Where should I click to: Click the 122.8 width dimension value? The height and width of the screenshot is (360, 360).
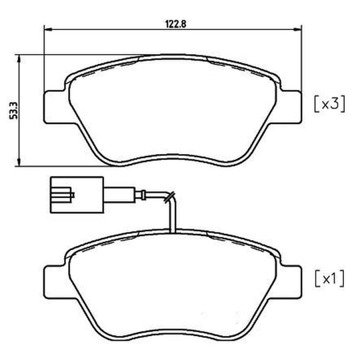pos(175,24)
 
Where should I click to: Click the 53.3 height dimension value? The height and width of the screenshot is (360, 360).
pos(13,111)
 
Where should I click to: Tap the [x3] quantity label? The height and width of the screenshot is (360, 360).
pos(329,105)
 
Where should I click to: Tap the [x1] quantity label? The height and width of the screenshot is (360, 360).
pos(329,279)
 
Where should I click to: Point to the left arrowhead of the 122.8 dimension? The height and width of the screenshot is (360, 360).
pos(48,29)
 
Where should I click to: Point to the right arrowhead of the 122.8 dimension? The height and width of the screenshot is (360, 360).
pos(298,29)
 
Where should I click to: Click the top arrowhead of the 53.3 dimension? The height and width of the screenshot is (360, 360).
pos(19,59)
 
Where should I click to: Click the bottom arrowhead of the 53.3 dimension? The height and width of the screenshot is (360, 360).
pos(19,162)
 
